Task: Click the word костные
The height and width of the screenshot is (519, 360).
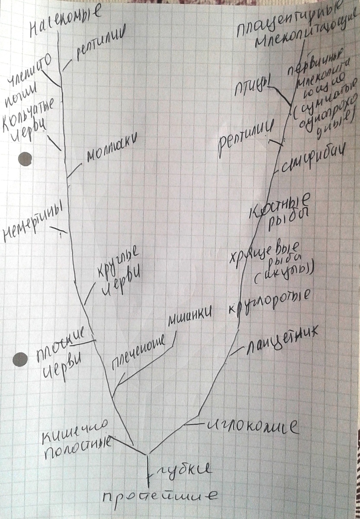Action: point(281,207)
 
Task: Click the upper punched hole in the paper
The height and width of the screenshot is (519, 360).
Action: point(25,160)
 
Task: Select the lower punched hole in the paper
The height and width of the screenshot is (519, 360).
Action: point(20,359)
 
